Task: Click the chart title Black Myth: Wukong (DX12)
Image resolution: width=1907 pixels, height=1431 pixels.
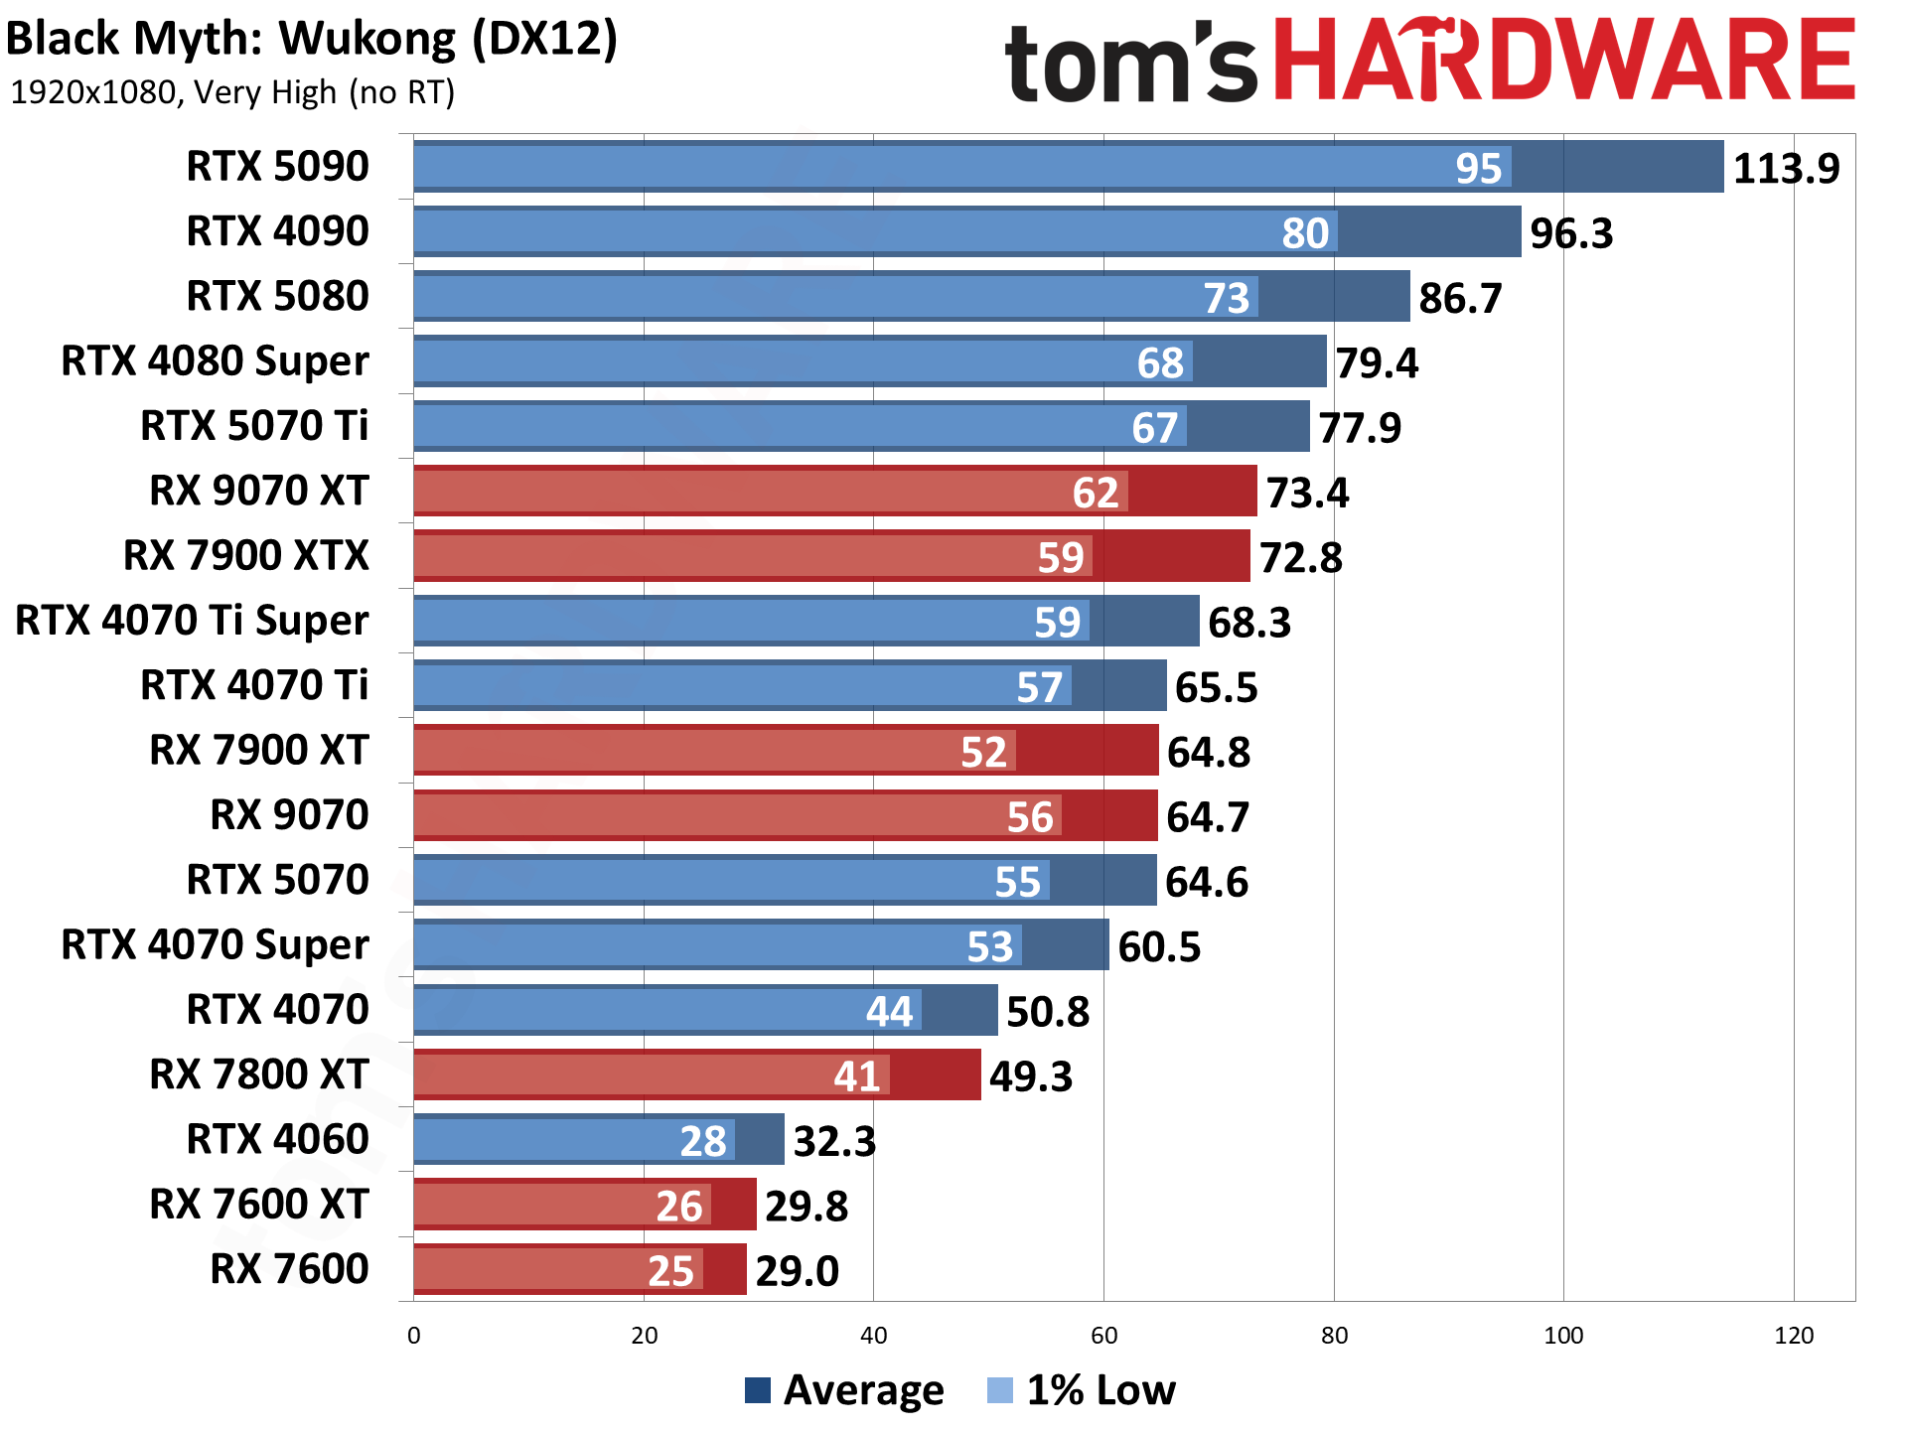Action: (x=312, y=40)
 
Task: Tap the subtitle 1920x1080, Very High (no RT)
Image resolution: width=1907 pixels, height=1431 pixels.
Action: (x=231, y=92)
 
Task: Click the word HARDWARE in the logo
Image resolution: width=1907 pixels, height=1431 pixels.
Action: (x=1563, y=62)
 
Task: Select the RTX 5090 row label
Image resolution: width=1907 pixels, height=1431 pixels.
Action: (x=277, y=166)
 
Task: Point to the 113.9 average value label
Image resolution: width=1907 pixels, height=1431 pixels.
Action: (x=1785, y=168)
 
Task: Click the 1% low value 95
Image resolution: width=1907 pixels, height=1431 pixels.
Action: (x=1478, y=168)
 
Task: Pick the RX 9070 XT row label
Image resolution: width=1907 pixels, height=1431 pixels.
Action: (x=258, y=491)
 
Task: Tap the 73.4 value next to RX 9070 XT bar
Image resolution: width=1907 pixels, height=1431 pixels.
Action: (x=1307, y=493)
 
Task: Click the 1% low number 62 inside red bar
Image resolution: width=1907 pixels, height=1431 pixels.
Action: (x=1095, y=493)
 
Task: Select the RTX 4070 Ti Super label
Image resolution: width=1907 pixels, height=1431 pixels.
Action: (x=192, y=621)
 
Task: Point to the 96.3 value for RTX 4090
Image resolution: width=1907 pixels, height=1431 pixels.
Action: (x=1570, y=233)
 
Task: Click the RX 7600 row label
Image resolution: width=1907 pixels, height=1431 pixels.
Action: (x=289, y=1269)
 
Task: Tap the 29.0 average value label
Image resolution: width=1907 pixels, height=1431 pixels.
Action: (x=797, y=1271)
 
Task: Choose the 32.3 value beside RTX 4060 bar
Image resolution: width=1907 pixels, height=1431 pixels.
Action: (x=834, y=1141)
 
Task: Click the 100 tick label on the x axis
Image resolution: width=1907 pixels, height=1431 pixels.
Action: (x=1563, y=1336)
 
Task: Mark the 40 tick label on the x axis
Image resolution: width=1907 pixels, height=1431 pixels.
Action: (x=873, y=1336)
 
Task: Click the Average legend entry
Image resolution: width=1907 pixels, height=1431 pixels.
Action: (x=844, y=1390)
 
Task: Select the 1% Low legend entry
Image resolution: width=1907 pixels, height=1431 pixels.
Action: (x=1083, y=1390)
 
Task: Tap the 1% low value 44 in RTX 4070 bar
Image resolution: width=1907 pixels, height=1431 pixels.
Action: (x=888, y=1012)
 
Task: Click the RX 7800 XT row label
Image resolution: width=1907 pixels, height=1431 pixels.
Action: (x=258, y=1074)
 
